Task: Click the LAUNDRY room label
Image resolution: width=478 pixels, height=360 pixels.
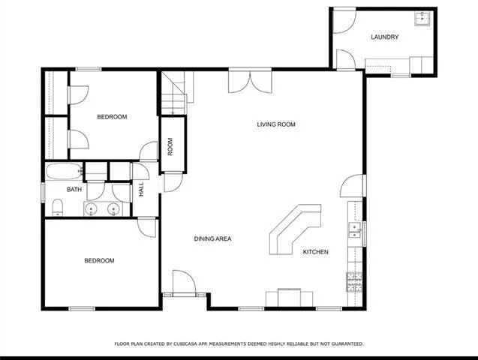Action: (384, 37)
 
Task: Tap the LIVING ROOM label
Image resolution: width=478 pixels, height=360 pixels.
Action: (276, 124)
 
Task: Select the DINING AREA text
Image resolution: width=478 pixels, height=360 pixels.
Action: (212, 239)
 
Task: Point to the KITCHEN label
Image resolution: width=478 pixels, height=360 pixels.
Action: (315, 252)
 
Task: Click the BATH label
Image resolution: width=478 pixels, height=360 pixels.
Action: (74, 190)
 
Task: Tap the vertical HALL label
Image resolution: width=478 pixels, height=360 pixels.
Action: (141, 190)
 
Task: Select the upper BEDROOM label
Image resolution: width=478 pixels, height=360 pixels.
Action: (112, 117)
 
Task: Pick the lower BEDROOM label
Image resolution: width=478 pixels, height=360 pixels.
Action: (99, 261)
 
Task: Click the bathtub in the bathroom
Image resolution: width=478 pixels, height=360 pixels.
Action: (63, 172)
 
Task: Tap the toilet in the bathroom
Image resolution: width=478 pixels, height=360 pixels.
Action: (57, 207)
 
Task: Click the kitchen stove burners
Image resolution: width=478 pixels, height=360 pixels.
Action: (354, 281)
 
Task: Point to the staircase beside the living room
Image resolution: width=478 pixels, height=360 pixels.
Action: (174, 96)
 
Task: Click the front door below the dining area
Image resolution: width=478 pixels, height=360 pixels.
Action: (184, 283)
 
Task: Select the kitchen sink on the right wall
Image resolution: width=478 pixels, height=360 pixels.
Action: (354, 232)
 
